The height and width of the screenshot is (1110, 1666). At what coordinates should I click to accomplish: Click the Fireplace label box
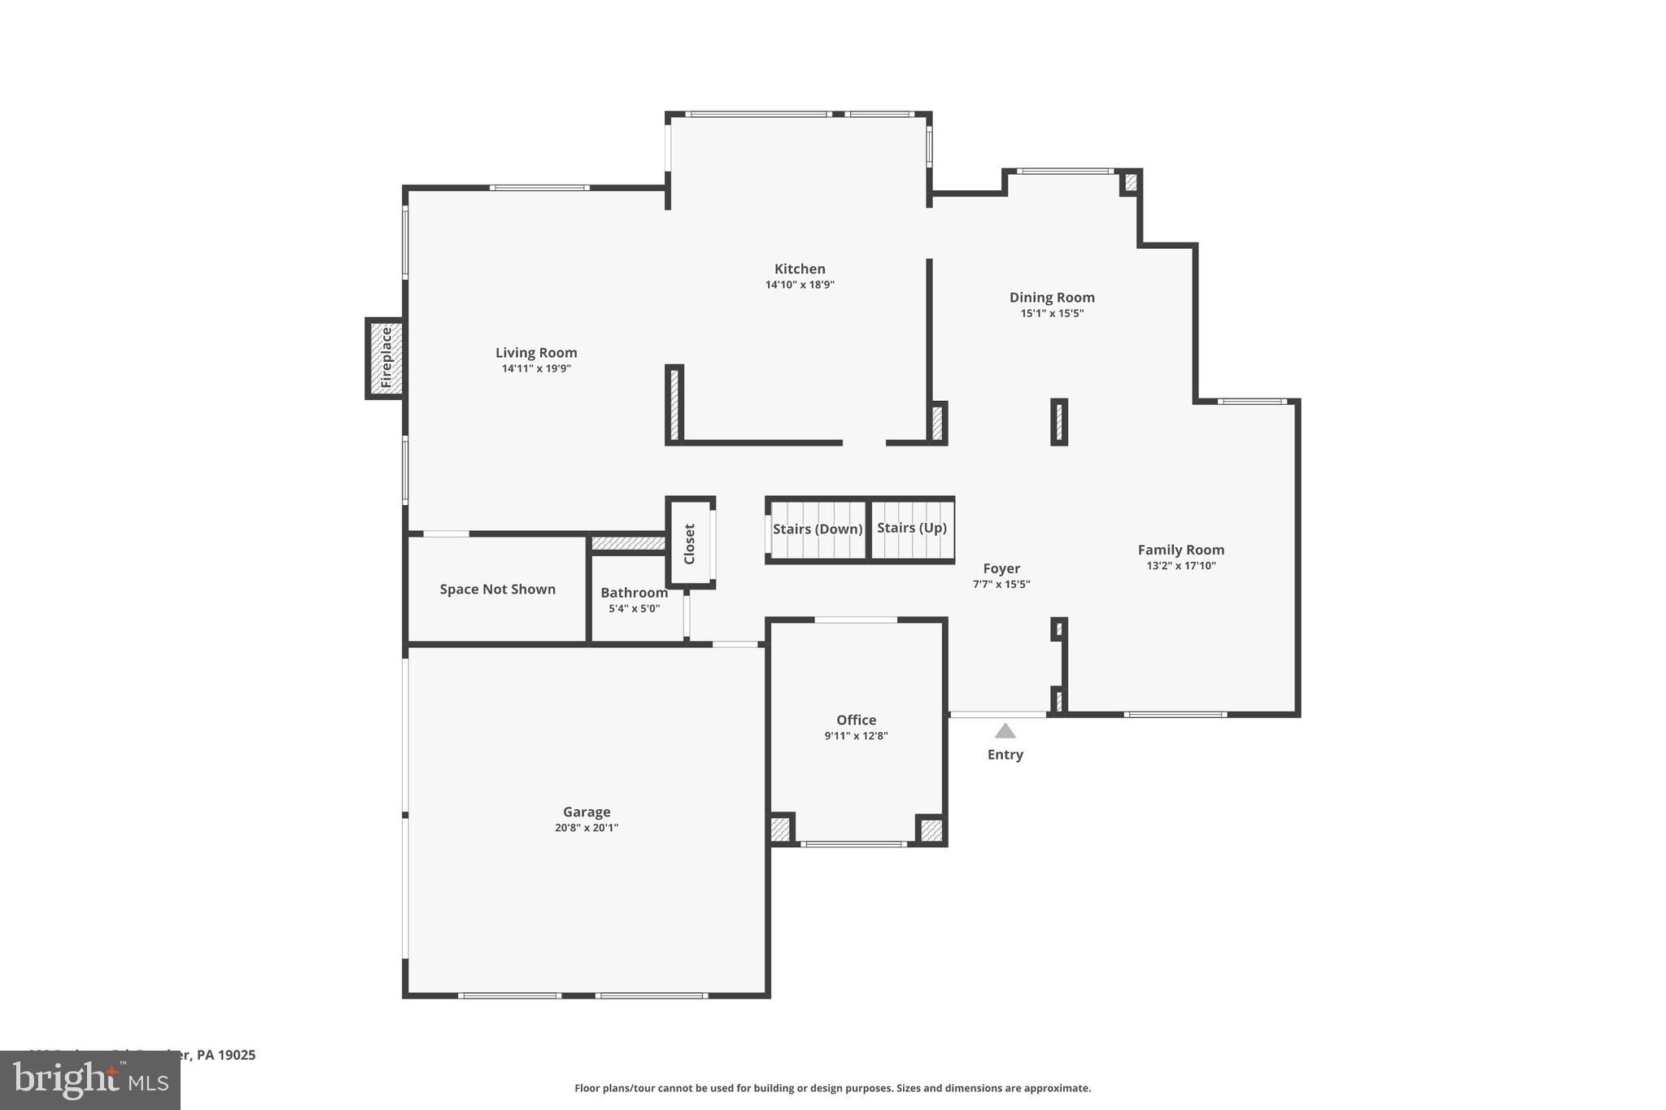pyautogui.click(x=386, y=358)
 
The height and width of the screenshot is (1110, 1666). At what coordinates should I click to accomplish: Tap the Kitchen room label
pyautogui.click(x=800, y=269)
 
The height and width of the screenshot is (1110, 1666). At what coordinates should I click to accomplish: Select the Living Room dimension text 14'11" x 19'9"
pyautogui.click(x=536, y=368)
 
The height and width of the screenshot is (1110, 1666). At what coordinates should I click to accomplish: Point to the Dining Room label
pyautogui.click(x=1052, y=298)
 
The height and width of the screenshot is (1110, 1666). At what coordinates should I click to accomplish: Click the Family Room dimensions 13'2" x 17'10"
pyautogui.click(x=1180, y=566)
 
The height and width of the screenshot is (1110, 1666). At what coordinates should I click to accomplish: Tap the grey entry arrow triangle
pyautogui.click(x=1005, y=731)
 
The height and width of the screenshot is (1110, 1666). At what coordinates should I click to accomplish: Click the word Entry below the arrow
pyautogui.click(x=1005, y=755)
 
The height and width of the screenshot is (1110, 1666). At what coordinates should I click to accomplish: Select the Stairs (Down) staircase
pyautogui.click(x=817, y=529)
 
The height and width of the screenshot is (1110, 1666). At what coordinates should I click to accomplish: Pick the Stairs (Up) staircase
pyautogui.click(x=912, y=529)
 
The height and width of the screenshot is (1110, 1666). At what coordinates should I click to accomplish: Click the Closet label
pyautogui.click(x=690, y=543)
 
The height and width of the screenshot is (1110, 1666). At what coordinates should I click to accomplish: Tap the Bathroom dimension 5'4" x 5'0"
pyautogui.click(x=635, y=608)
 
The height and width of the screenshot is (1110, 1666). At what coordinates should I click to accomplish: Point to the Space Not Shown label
pyautogui.click(x=497, y=590)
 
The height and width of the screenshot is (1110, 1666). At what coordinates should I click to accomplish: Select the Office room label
pyautogui.click(x=856, y=720)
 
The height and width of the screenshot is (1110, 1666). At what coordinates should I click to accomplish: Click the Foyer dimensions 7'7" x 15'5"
pyautogui.click(x=1001, y=584)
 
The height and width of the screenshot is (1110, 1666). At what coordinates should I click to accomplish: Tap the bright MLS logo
pyautogui.click(x=89, y=1080)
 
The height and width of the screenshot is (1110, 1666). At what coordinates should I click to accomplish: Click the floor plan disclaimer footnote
pyautogui.click(x=832, y=1088)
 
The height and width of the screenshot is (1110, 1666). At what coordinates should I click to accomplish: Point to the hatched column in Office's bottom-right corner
pyautogui.click(x=931, y=830)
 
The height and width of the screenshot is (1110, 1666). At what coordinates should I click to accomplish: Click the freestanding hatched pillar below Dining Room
pyautogui.click(x=1059, y=422)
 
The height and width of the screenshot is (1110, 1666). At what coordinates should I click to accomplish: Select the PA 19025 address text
pyautogui.click(x=226, y=1055)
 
